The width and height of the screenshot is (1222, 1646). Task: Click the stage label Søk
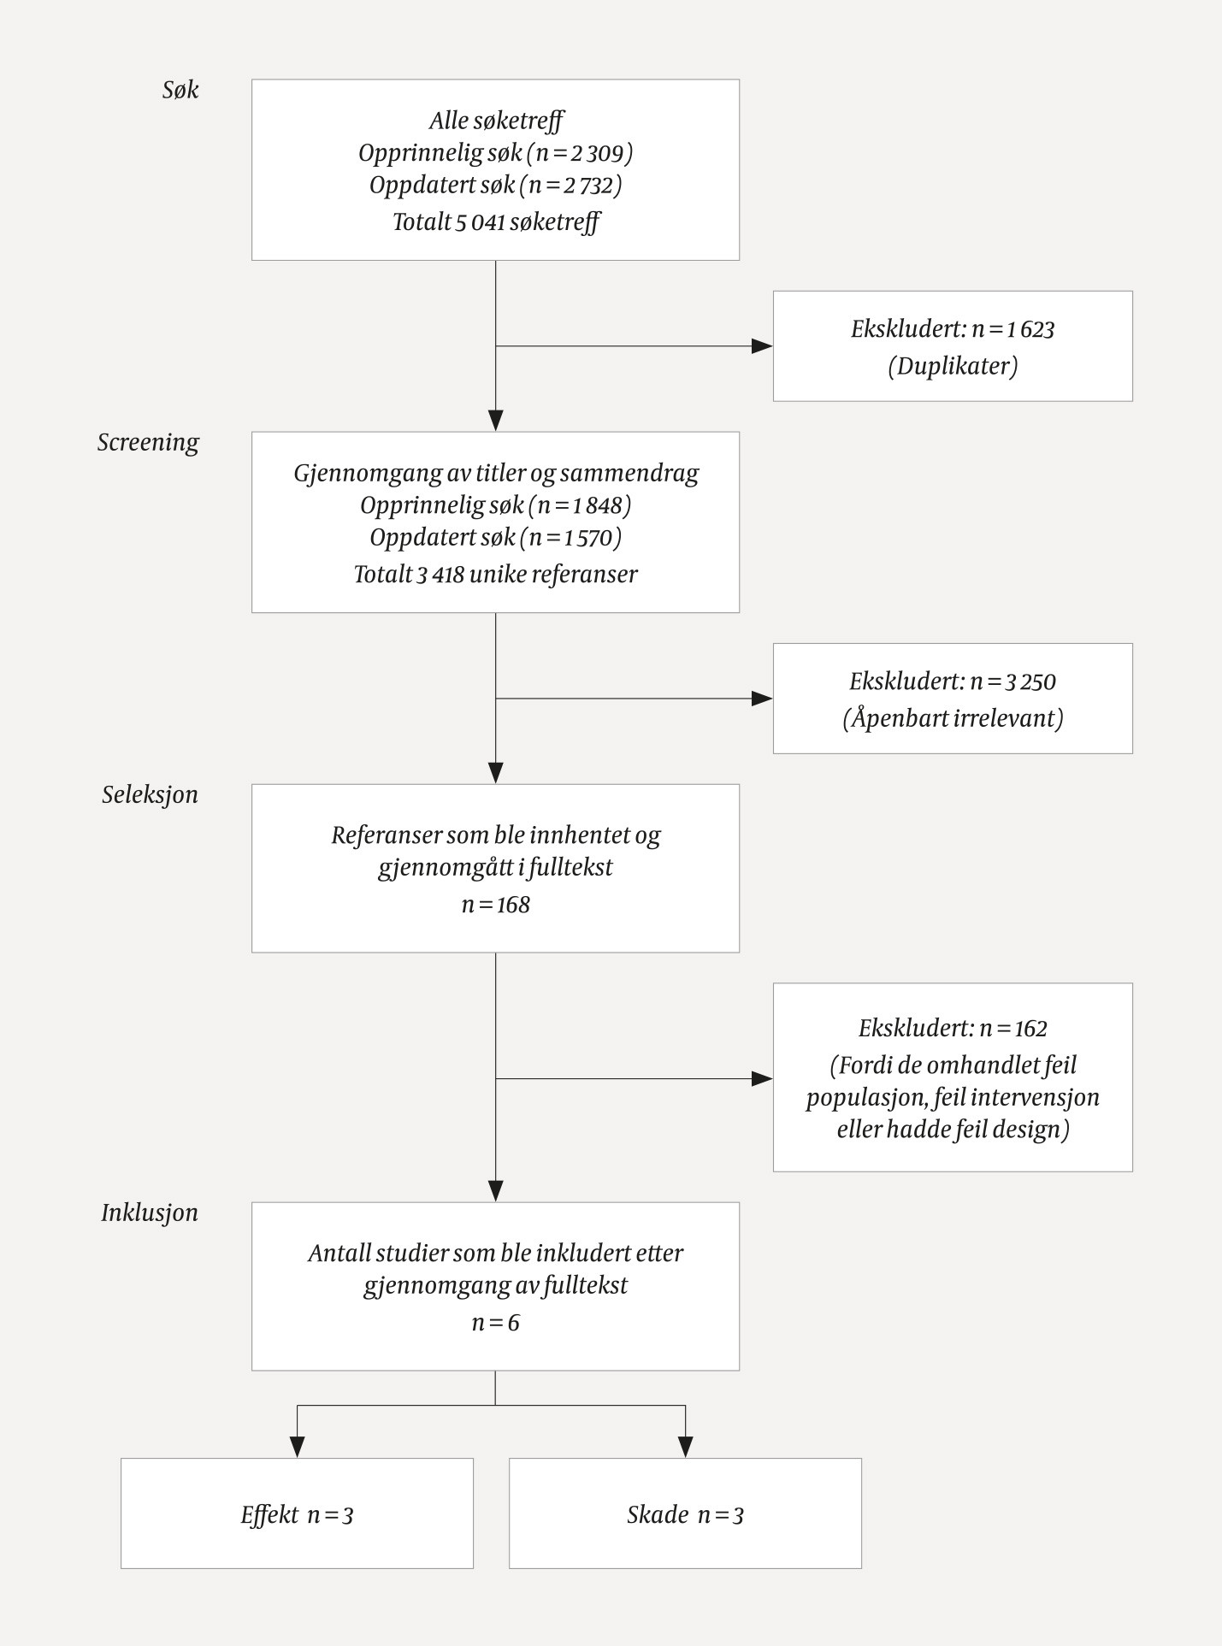pos(180,90)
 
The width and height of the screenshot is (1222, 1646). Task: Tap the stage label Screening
pos(148,442)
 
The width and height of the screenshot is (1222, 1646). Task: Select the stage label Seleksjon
pos(150,794)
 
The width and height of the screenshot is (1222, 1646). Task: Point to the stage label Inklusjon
pos(150,1212)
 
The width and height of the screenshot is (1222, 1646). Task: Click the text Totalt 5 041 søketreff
pos(495,222)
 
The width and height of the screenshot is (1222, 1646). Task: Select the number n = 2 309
pos(580,153)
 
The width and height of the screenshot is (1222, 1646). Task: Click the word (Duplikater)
pos(953,366)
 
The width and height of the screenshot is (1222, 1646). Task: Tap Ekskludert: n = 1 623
pos(953,329)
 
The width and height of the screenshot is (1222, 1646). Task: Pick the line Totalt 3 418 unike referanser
pos(495,574)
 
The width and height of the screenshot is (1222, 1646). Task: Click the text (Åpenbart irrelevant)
pos(953,718)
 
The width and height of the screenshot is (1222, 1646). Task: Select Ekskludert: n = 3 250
pos(953,681)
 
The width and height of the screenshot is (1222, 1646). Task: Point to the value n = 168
pos(495,905)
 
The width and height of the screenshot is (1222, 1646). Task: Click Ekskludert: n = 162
pos(953,1028)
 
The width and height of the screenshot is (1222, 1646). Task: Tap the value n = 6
pos(495,1323)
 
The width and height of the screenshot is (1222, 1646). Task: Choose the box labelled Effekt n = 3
pos(297,1515)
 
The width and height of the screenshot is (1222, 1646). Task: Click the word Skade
pos(658,1515)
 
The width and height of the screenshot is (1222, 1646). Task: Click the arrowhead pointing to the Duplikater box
pos(762,346)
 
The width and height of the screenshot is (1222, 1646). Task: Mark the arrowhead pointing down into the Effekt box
pos(297,1447)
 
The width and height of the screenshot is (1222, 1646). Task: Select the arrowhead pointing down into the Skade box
pos(685,1447)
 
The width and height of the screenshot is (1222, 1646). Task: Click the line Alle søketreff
pos(495,121)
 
